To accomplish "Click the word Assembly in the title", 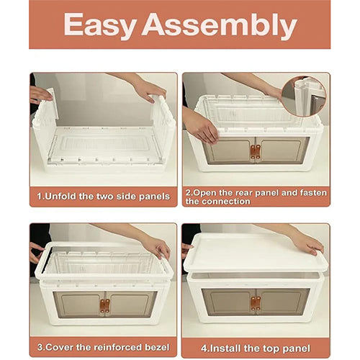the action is (x=220, y=25).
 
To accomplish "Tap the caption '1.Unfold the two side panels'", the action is (x=104, y=197).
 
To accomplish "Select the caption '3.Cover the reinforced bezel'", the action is (x=104, y=347).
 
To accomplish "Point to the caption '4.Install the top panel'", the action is (x=256, y=348).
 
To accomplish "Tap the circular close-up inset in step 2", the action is (x=304, y=96).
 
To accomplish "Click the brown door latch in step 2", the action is (x=256, y=152).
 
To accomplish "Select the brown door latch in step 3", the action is (x=105, y=306).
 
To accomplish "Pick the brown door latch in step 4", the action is (x=256, y=303).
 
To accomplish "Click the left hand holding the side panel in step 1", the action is (x=40, y=94).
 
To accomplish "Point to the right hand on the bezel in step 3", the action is (x=156, y=248).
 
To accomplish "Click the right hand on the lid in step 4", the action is (x=309, y=244).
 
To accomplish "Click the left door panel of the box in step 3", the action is (x=78, y=305).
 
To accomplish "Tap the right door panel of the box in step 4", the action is (x=282, y=302).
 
